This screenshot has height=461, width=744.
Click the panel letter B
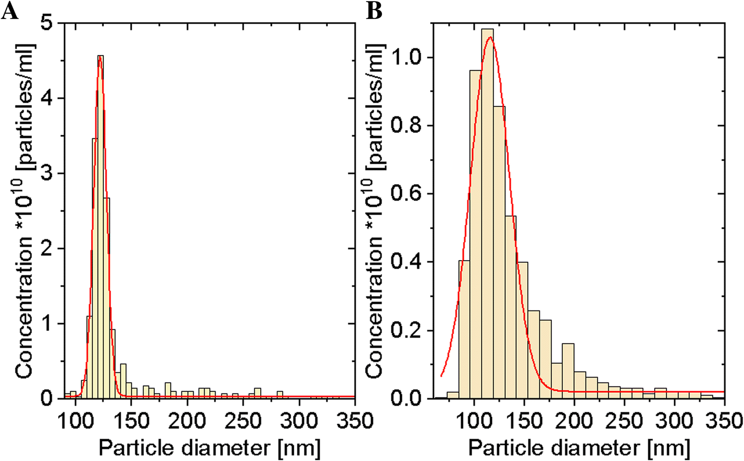pyautogui.click(x=374, y=10)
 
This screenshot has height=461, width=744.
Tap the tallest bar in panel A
pyautogui.click(x=100, y=226)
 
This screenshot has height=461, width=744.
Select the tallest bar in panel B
pyautogui.click(x=487, y=210)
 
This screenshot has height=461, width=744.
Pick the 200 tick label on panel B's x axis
pyautogui.click(x=574, y=421)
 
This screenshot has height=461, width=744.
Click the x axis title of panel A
pyautogui.click(x=209, y=448)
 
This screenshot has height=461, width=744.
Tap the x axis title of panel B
pyautogui.click(x=579, y=448)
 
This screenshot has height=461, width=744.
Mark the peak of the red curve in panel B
pyautogui.click(x=490, y=38)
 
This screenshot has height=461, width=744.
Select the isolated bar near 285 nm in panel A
pyautogui.click(x=280, y=394)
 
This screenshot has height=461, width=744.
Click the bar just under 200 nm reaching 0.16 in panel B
pyautogui.click(x=568, y=370)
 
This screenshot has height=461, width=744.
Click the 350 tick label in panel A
pyautogui.click(x=355, y=421)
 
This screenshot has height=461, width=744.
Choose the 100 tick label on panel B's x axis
pyautogui.click(x=474, y=421)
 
